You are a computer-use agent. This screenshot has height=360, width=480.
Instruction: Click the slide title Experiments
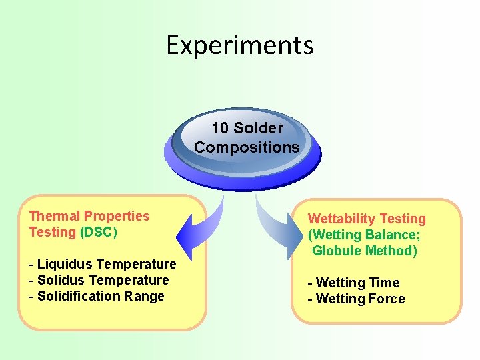239,45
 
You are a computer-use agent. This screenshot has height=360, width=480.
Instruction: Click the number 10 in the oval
221,128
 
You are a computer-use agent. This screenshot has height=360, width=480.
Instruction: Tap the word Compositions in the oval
247,147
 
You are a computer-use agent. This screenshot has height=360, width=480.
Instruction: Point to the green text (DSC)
98,232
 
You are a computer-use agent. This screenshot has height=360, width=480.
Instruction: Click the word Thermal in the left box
54,216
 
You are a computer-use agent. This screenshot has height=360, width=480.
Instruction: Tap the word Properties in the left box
117,216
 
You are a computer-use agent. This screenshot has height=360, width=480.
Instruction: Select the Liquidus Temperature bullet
103,264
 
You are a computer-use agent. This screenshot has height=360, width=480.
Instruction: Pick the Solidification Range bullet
97,296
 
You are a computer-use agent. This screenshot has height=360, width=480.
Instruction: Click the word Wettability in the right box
341,219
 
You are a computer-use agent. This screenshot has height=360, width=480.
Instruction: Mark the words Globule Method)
364,251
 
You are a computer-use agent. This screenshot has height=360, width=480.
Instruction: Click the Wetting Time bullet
353,283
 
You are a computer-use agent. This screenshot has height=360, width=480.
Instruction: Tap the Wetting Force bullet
356,299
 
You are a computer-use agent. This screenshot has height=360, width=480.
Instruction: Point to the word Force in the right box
386,299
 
